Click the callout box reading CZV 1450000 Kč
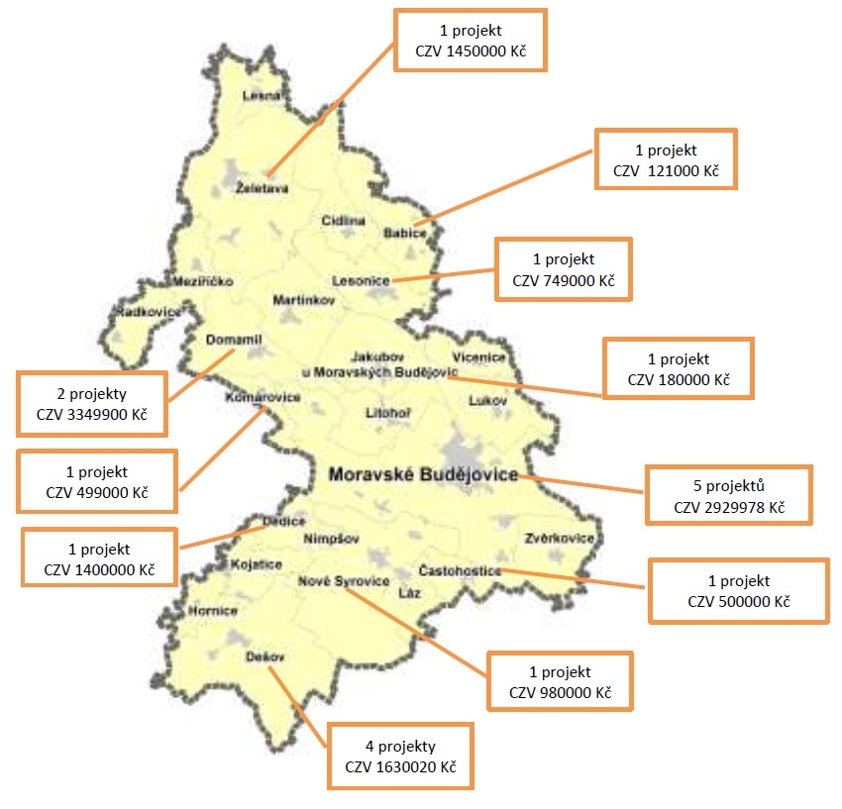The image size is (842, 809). (x=470, y=40)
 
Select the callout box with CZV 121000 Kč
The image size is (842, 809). (x=664, y=159)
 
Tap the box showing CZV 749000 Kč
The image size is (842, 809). (x=563, y=269)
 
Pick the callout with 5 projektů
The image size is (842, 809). (x=728, y=495)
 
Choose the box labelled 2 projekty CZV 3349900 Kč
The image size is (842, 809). (x=91, y=403)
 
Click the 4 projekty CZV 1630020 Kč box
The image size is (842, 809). (x=400, y=756)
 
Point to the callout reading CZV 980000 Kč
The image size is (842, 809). (x=560, y=680)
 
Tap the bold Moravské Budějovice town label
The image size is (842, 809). (x=423, y=475)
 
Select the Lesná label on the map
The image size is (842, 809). (x=263, y=96)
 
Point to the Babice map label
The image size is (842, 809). (x=404, y=234)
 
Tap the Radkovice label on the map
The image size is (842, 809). (x=150, y=312)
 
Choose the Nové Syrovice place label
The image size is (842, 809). (x=344, y=581)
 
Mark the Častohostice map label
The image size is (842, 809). (x=460, y=571)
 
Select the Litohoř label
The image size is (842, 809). (x=387, y=411)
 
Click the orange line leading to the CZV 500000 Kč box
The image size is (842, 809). (x=575, y=579)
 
